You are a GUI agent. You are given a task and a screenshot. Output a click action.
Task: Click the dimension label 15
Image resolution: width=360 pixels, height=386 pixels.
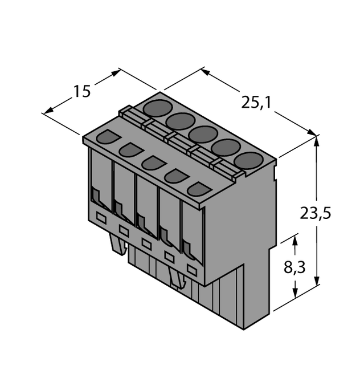(82, 91)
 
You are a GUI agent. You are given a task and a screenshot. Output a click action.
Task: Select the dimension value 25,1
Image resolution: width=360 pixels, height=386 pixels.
(256, 103)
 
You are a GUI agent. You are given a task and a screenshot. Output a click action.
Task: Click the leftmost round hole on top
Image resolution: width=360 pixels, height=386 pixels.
(158, 107)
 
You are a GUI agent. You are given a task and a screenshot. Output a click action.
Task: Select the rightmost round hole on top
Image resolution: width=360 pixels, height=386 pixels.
(248, 161)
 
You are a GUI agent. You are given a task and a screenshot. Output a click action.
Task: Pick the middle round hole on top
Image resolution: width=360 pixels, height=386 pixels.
(203, 135)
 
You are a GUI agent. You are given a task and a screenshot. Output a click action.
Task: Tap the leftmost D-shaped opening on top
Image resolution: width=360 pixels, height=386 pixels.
(108, 137)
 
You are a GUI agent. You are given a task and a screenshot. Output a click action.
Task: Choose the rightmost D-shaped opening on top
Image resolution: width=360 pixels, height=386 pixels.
(198, 189)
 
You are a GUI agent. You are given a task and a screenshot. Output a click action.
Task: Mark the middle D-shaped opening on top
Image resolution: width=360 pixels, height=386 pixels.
(153, 163)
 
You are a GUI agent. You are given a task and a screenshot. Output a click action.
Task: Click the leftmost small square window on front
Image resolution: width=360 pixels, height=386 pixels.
(101, 217)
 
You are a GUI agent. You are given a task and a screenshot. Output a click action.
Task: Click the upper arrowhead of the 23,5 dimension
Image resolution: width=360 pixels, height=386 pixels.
(316, 140)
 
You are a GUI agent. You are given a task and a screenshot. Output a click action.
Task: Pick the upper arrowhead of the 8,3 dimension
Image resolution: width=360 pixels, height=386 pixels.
(294, 240)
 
